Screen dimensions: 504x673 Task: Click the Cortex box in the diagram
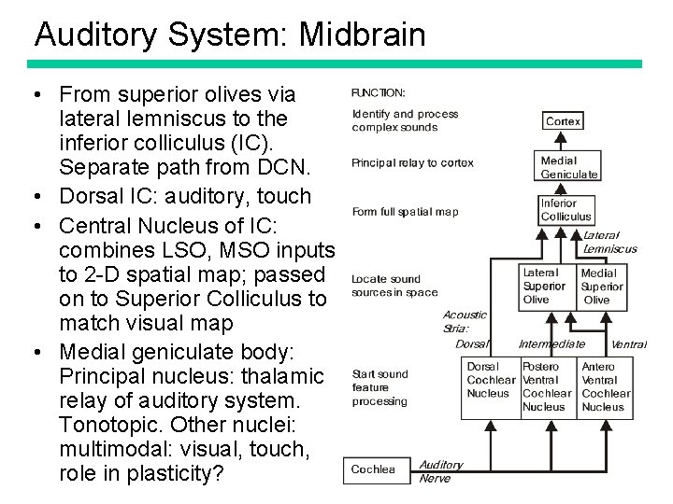point(563,121)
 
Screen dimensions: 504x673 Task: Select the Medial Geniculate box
point(568,167)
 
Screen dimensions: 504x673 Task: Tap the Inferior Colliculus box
point(566,210)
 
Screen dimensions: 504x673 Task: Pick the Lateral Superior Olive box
point(544,287)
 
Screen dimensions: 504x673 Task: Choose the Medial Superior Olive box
point(601,287)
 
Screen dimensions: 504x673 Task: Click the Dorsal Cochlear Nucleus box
point(491,381)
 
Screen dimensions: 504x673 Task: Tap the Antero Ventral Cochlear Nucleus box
point(605,386)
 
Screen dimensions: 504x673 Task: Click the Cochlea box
point(373,470)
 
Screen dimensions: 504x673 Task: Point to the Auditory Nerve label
point(440,471)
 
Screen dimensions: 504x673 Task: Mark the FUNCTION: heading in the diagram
point(379,92)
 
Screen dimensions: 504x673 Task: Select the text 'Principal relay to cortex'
point(412,163)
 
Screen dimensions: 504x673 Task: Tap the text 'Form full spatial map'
point(405,212)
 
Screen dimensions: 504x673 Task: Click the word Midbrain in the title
point(362,35)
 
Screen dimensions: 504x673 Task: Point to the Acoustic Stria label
point(465,322)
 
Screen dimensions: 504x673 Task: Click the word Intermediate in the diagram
point(551,344)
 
